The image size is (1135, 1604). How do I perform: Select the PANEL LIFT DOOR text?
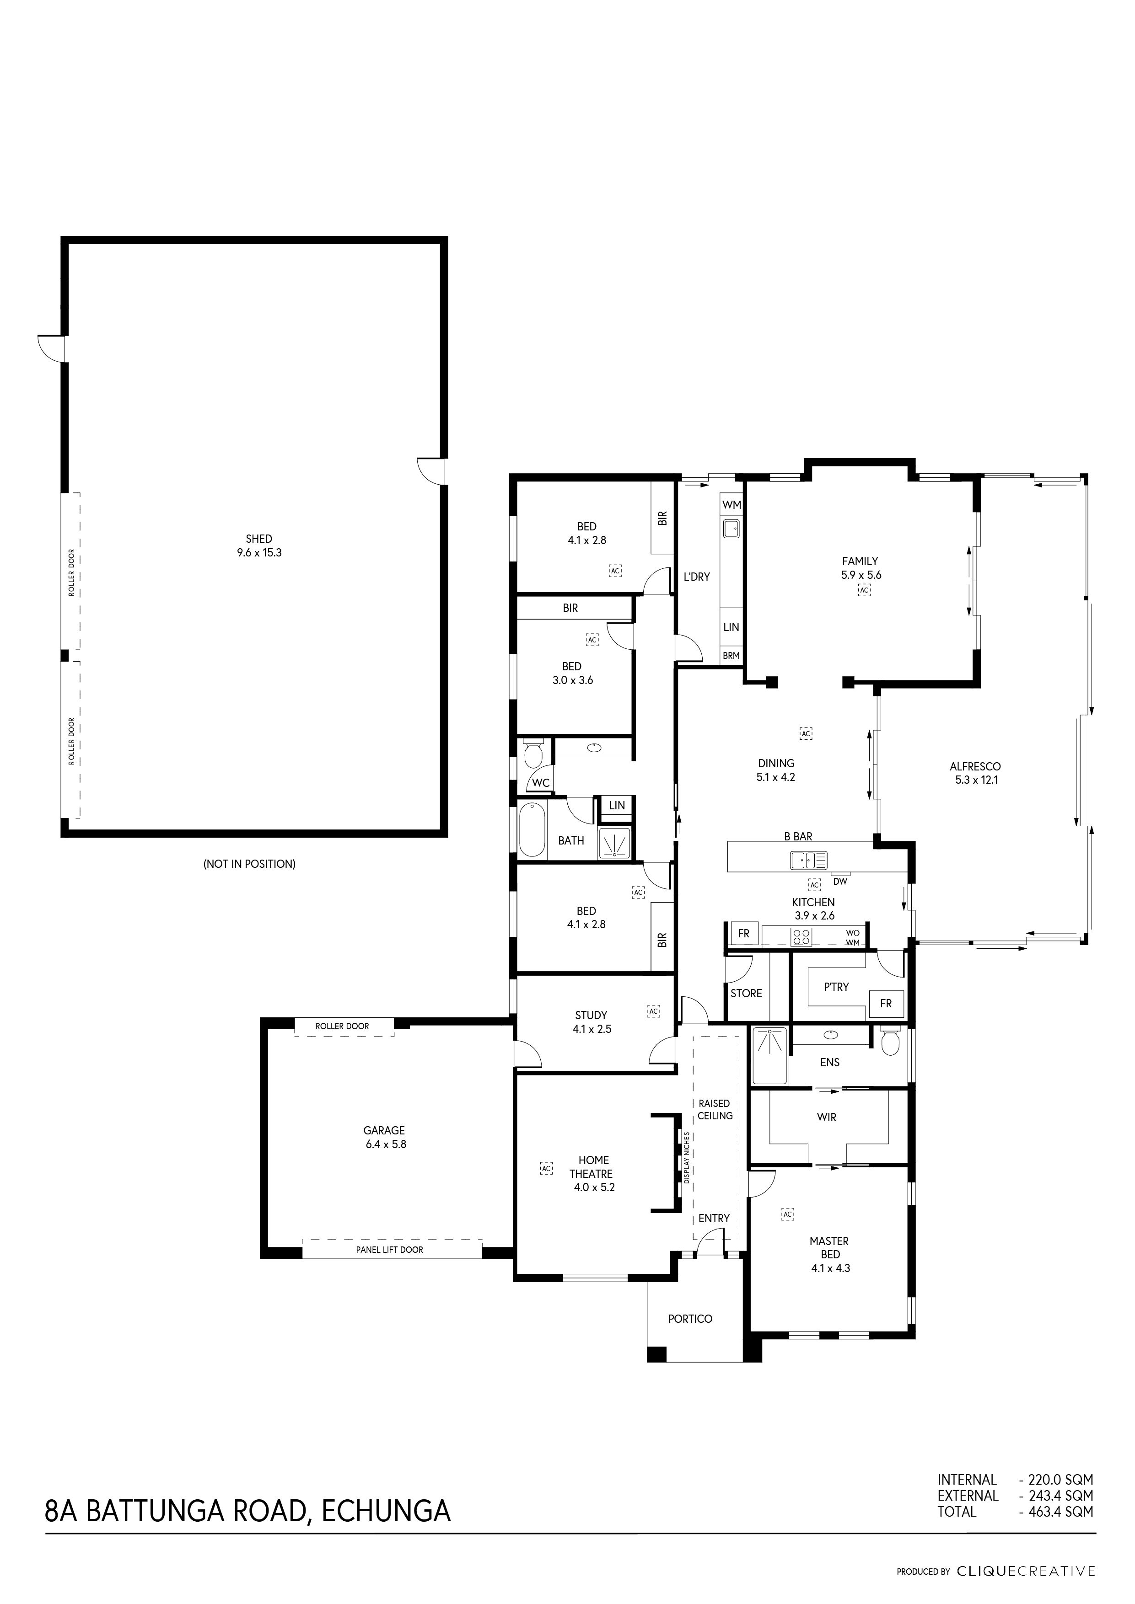[x=389, y=1250]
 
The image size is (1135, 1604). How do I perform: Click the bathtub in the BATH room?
[x=532, y=829]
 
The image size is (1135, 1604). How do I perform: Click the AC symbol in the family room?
[x=865, y=590]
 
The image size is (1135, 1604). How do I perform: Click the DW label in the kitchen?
[x=840, y=881]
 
